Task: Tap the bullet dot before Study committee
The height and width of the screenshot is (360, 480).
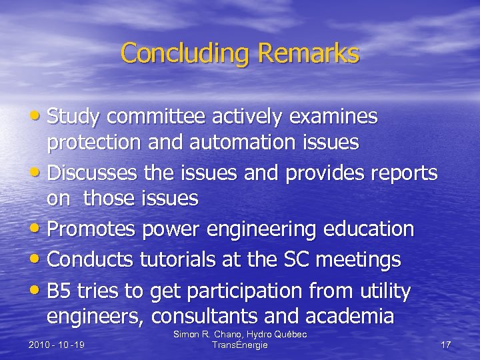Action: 41,117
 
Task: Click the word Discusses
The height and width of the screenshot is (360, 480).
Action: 91,173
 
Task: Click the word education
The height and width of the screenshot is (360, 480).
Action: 370,229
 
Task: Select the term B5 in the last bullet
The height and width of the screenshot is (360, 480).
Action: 61,291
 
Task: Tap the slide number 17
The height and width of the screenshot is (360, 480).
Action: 446,345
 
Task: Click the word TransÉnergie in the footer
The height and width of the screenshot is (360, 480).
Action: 240,345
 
